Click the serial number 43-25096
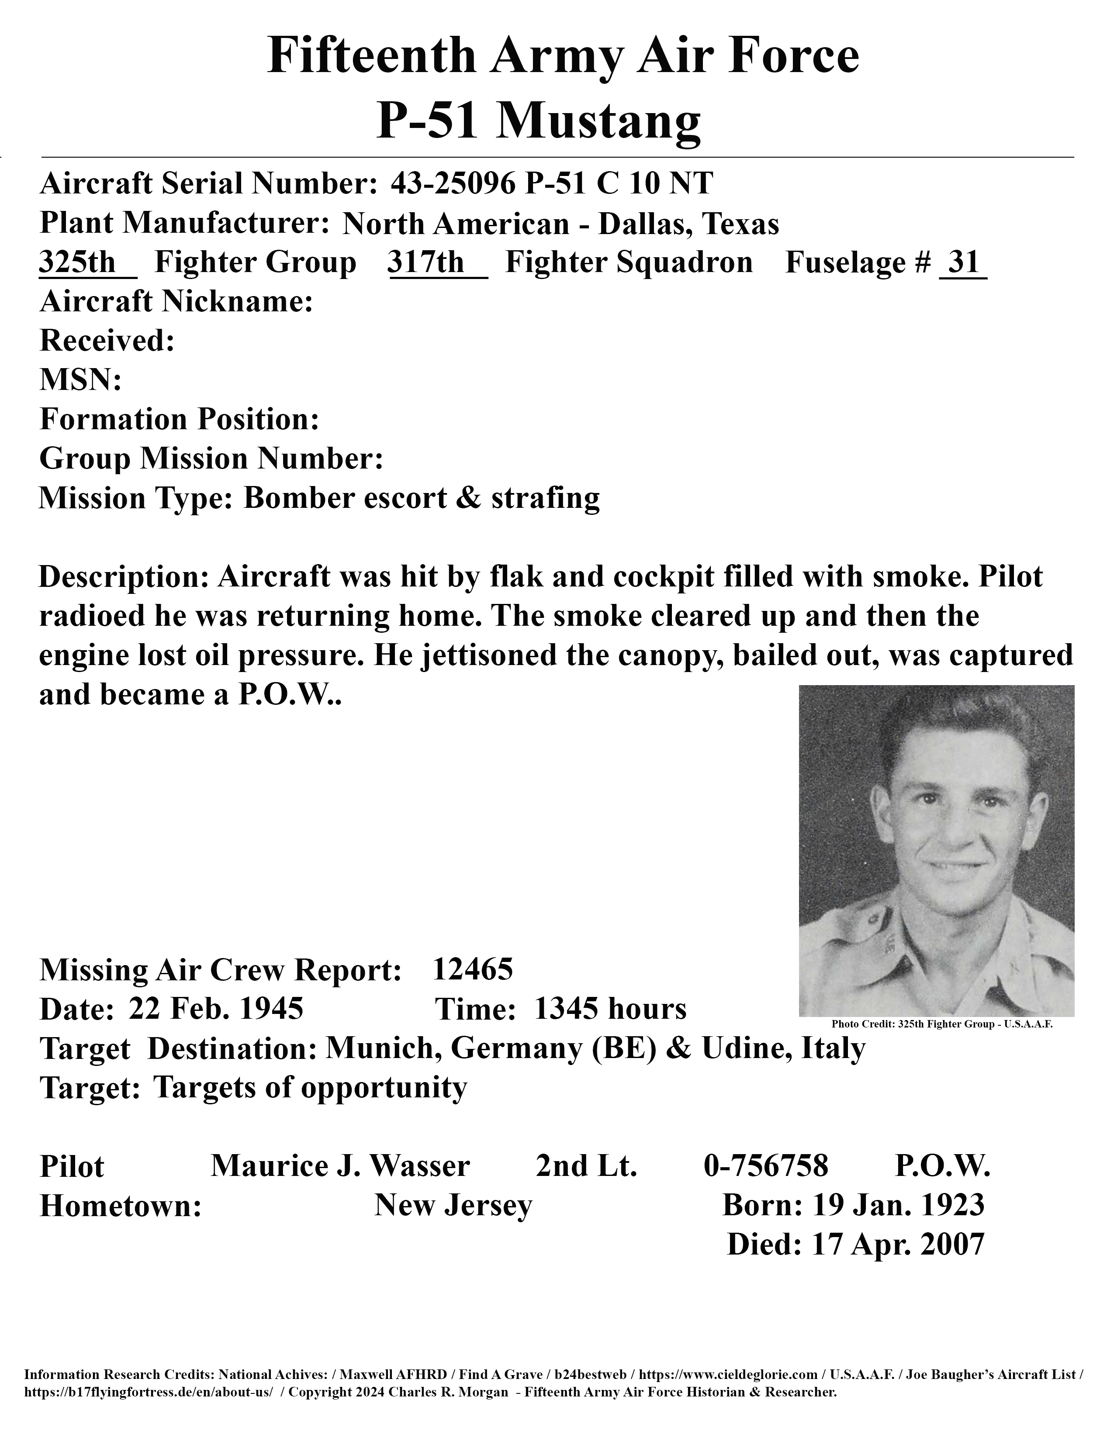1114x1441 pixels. (x=452, y=183)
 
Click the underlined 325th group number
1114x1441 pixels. (x=78, y=262)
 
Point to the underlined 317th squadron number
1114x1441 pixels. (x=426, y=262)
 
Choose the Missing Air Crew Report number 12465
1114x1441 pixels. (x=473, y=969)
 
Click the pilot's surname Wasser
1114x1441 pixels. (x=420, y=1166)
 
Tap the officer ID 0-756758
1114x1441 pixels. (x=765, y=1166)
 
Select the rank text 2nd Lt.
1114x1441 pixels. (x=586, y=1166)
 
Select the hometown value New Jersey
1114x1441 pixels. (x=453, y=1205)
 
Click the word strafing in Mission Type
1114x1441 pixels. (x=545, y=498)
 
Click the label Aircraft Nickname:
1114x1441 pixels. (x=176, y=302)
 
